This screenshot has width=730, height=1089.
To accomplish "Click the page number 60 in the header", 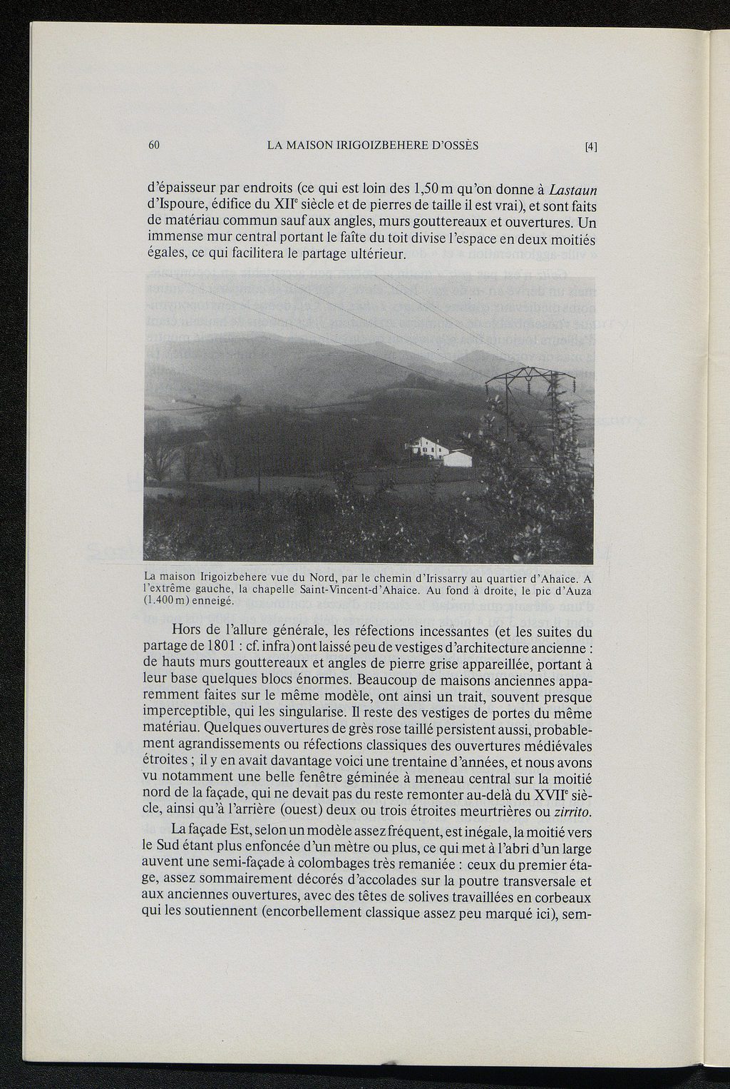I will point(153,145).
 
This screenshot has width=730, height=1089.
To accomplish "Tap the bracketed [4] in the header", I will point(590,147).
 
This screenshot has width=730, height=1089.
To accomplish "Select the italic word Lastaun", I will point(573,190).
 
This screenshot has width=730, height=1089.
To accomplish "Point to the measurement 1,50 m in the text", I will point(433,190).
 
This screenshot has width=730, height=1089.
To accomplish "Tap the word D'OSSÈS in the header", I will point(455,146).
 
